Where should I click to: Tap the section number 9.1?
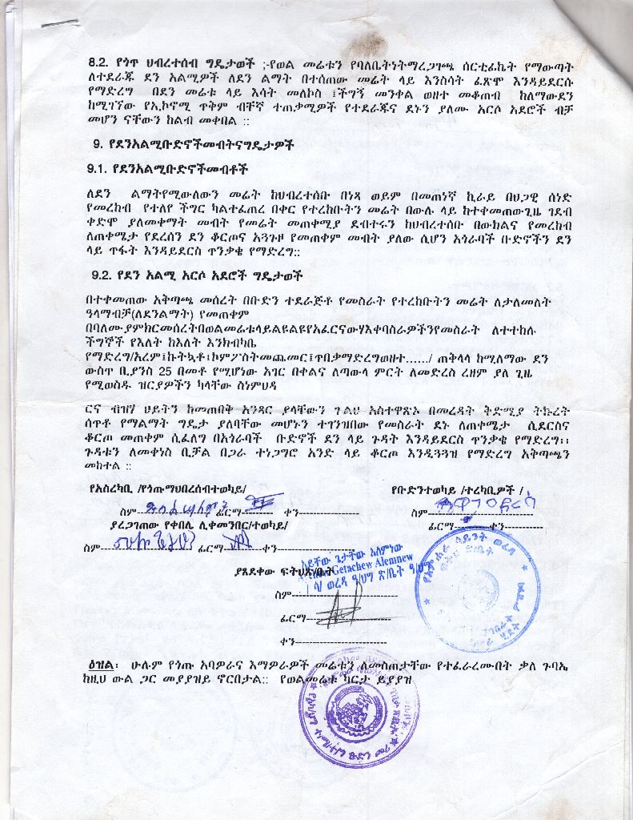[x=100, y=170]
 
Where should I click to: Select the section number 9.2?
[x=103, y=275]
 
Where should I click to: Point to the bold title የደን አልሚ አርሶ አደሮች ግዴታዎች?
[x=207, y=275]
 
